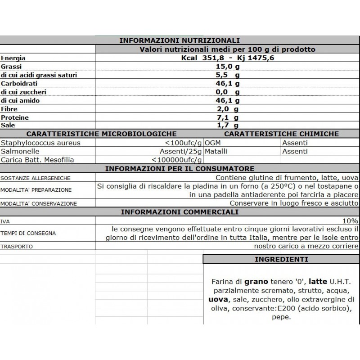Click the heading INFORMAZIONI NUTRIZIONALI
(179, 40)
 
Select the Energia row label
(13, 58)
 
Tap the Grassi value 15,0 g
(227, 67)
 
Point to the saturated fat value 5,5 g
(227, 75)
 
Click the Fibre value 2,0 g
(227, 109)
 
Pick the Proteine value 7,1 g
(227, 117)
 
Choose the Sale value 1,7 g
(227, 126)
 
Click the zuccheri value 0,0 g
(227, 92)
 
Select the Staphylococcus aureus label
(41, 143)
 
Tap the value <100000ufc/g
(177, 160)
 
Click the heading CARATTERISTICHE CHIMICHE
(281, 134)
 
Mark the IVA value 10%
(350, 221)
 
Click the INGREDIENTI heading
(281, 259)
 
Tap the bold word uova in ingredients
(217, 300)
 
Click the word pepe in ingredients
(281, 317)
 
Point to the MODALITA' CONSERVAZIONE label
(38, 204)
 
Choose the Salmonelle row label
(20, 151)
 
